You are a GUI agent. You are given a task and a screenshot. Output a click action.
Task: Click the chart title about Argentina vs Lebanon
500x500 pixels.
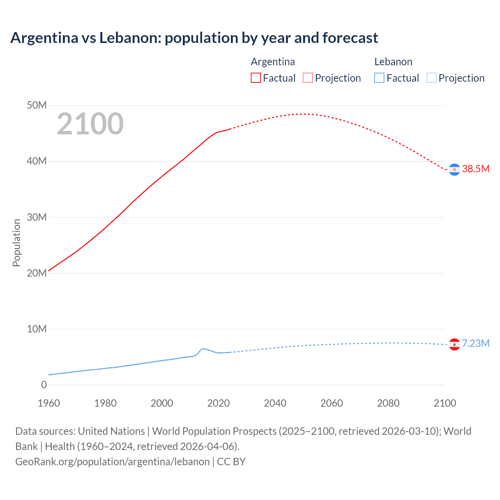tap(194, 38)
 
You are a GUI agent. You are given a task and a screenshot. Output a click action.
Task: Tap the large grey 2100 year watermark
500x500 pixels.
tap(90, 124)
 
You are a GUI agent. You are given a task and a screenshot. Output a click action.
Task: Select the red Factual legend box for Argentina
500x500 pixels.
tap(255, 78)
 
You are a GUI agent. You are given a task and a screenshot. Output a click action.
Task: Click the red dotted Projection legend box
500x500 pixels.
tap(308, 78)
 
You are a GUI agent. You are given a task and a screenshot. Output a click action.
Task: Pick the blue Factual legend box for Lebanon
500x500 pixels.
tap(379, 78)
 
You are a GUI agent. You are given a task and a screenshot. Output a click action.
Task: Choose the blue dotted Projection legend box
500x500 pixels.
tap(432, 78)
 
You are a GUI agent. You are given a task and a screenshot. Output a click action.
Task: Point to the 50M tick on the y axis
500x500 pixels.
tap(37, 105)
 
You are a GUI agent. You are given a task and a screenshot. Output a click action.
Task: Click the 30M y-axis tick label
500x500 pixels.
tap(37, 217)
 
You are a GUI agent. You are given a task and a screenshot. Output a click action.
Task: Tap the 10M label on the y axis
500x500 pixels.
tap(37, 329)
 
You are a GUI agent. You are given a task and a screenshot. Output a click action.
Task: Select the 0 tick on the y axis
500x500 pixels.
tap(44, 385)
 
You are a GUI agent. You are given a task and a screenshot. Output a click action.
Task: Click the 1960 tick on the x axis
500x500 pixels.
tap(49, 403)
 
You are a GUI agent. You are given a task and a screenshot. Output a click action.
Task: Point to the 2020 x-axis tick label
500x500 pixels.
tap(218, 403)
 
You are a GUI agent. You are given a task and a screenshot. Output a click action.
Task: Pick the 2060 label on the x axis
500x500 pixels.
tap(332, 403)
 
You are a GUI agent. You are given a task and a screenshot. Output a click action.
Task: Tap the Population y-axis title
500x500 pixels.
tap(16, 243)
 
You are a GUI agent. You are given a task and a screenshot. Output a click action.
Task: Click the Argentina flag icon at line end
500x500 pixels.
tap(454, 170)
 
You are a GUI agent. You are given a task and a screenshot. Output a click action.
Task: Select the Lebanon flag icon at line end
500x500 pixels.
tap(454, 344)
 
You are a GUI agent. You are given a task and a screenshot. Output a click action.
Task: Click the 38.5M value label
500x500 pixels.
tap(475, 169)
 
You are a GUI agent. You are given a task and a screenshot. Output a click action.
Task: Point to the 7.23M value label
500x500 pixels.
tap(475, 343)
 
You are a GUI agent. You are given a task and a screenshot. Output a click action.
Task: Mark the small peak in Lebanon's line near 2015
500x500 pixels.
tap(203, 348)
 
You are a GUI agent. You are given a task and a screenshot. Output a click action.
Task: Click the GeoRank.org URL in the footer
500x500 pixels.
tap(112, 461)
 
